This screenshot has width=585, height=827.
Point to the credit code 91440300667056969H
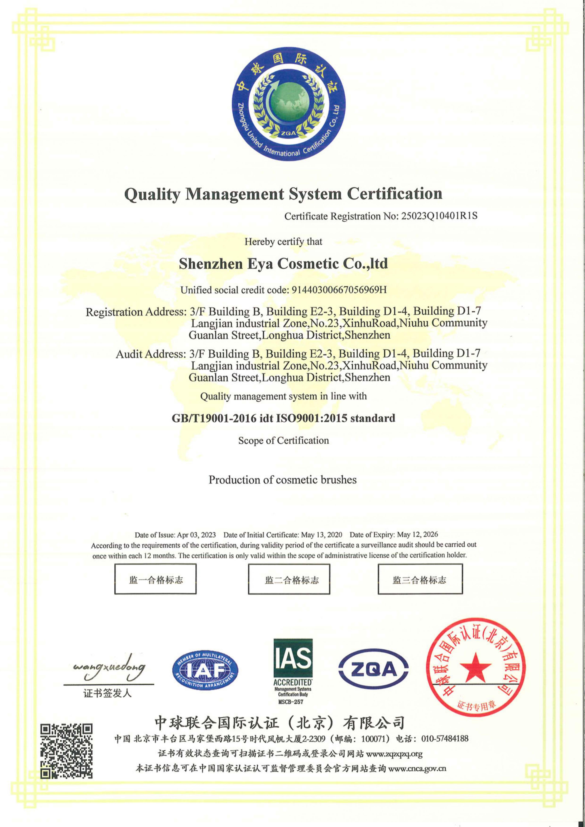[x=339, y=290]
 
